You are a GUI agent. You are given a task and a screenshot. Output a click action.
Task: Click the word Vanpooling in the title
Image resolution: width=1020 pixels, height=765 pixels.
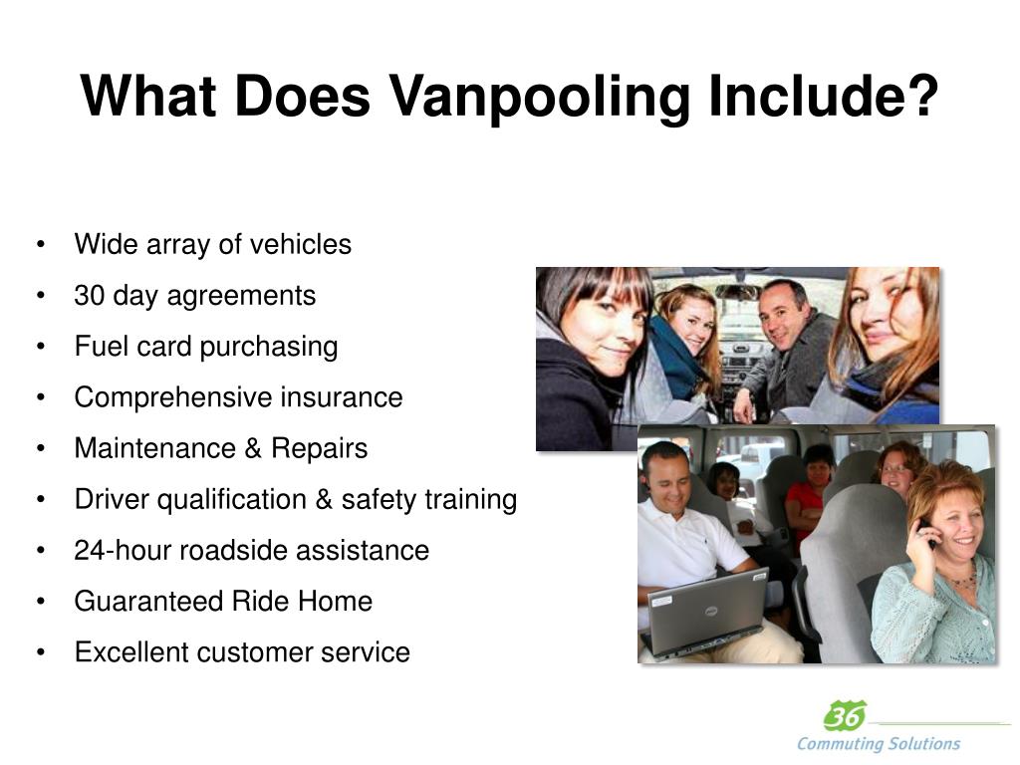538,97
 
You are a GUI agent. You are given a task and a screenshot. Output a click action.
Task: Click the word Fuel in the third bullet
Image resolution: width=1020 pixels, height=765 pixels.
97,347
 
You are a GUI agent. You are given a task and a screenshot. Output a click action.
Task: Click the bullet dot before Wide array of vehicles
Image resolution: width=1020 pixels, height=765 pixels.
41,245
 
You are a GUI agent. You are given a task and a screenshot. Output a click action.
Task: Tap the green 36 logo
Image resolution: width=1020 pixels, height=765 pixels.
845,715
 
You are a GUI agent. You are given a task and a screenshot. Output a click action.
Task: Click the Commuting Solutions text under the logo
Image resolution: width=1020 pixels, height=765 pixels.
878,743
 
